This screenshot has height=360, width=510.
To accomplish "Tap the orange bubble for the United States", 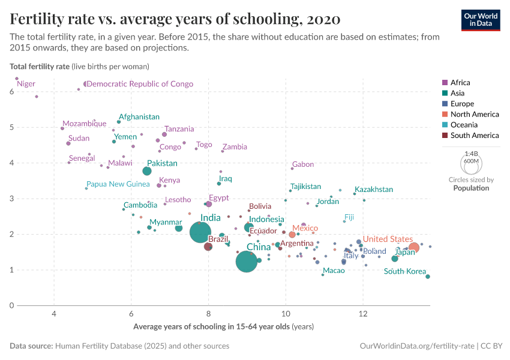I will pyautogui.click(x=413, y=247).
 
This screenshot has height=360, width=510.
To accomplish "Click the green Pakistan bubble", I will pyautogui.click(x=147, y=171).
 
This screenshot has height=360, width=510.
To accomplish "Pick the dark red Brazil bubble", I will pyautogui.click(x=208, y=247).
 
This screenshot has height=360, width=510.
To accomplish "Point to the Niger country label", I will pyautogui.click(x=26, y=84).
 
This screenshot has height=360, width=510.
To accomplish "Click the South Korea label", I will pyautogui.click(x=404, y=271).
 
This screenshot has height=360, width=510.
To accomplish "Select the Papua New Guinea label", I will pyautogui.click(x=118, y=184).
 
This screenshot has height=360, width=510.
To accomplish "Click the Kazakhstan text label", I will pyautogui.click(x=374, y=190).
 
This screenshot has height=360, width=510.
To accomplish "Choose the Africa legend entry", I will pyautogui.click(x=460, y=83).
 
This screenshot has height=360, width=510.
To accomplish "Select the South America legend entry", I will pyautogui.click(x=474, y=136).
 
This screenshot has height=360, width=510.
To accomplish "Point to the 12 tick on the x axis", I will pyautogui.click(x=363, y=314).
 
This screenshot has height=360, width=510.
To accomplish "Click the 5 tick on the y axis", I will pyautogui.click(x=11, y=127).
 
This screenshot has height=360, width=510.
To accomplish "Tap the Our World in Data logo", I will pyautogui.click(x=480, y=20).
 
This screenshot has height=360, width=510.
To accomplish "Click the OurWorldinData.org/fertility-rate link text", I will pyautogui.click(x=417, y=346).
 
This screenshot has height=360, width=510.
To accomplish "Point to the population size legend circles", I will pyautogui.click(x=470, y=163).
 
